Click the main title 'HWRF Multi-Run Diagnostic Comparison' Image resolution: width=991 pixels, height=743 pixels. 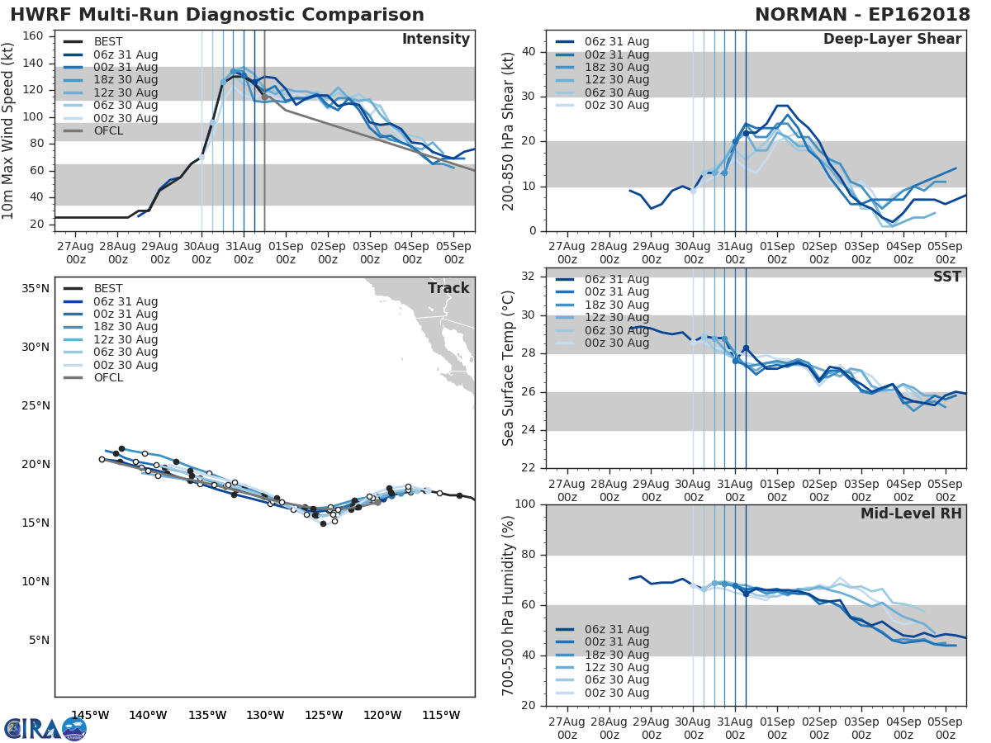click(217, 15)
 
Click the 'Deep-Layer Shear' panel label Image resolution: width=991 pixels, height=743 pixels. click(892, 40)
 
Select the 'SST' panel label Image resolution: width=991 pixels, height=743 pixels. click(946, 277)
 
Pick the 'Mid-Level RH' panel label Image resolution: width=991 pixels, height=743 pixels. click(911, 513)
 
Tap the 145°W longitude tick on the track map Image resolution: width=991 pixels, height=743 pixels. click(90, 715)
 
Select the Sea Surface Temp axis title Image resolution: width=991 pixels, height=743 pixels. click(509, 368)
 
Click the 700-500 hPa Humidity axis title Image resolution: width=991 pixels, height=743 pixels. click(509, 605)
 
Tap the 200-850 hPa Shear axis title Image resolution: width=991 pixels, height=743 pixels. click(509, 131)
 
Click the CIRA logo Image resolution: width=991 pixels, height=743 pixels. click(45, 728)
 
